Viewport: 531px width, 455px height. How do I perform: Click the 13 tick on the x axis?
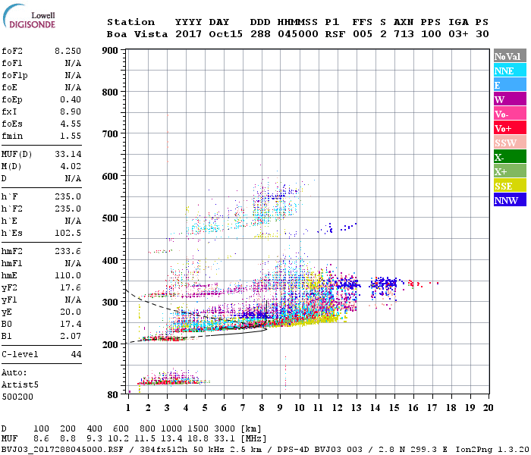pos(356,407)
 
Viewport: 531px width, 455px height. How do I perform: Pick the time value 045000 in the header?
pos(298,34)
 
